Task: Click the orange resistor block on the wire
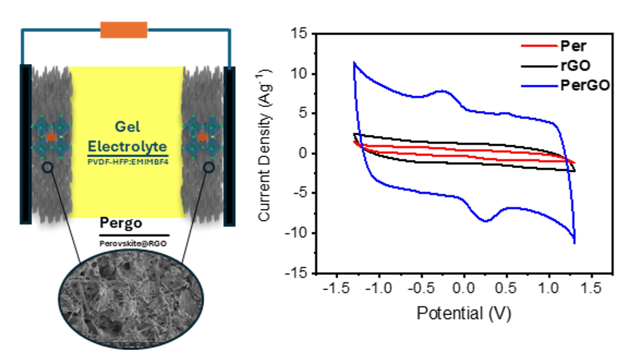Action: pos(124,30)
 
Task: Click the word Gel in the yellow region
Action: pos(127,127)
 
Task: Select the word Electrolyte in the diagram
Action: pos(127,147)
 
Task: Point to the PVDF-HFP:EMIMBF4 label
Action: pos(128,162)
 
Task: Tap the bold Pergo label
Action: pos(121,223)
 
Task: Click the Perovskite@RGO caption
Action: pos(133,244)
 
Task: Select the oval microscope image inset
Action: pos(131,299)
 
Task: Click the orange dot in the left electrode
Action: pos(51,137)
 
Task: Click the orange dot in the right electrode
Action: pos(203,137)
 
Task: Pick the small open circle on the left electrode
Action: pos(47,167)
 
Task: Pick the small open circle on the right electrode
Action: pos(209,167)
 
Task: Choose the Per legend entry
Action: pos(573,46)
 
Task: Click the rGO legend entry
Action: pos(575,66)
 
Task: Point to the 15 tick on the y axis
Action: pos(299,34)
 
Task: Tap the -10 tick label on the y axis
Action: pos(296,233)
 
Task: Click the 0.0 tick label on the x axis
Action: pos(463,289)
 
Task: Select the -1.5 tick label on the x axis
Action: pos(336,289)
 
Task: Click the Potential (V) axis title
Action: pos(464,313)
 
